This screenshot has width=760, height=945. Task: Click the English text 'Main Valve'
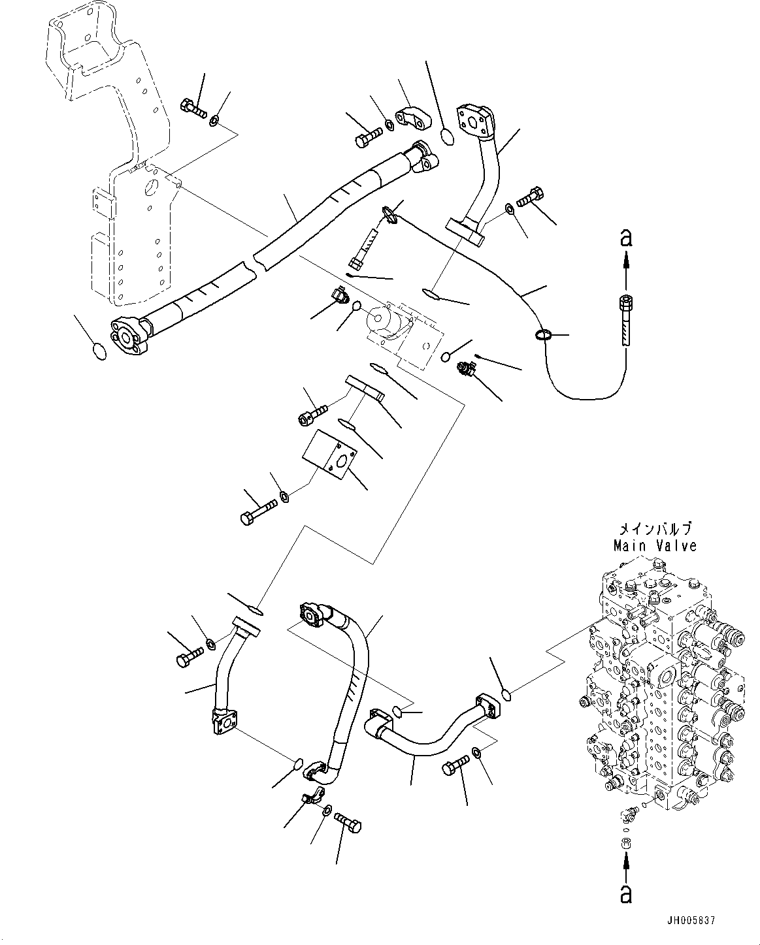(x=654, y=545)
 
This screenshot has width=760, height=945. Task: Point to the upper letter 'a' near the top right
(x=626, y=238)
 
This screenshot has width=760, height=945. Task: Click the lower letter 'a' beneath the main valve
(x=626, y=893)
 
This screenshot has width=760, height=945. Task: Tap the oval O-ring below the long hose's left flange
(x=98, y=351)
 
